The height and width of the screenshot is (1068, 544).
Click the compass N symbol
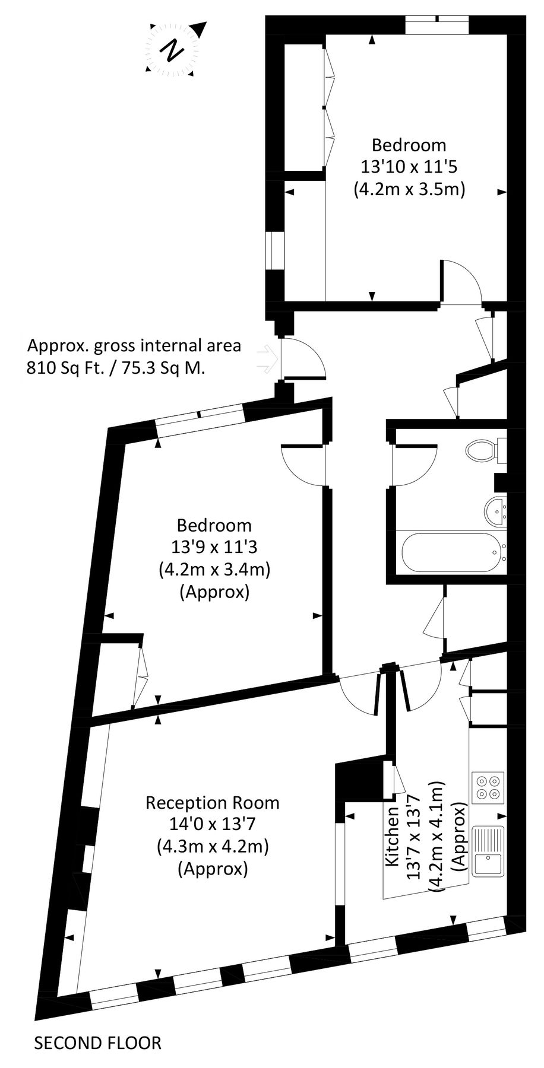173,49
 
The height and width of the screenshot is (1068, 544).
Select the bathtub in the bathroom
451,552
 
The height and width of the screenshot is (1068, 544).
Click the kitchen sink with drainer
488,852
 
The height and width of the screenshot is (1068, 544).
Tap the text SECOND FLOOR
98,1042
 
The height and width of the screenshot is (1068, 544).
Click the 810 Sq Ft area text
116,368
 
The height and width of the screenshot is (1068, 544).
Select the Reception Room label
212,803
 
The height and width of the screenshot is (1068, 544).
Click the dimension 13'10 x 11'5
409,167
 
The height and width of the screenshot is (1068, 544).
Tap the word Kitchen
393,837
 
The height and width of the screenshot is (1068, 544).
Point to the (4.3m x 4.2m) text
213,846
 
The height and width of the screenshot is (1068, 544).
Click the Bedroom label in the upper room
409,144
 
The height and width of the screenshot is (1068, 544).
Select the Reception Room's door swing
358,696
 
